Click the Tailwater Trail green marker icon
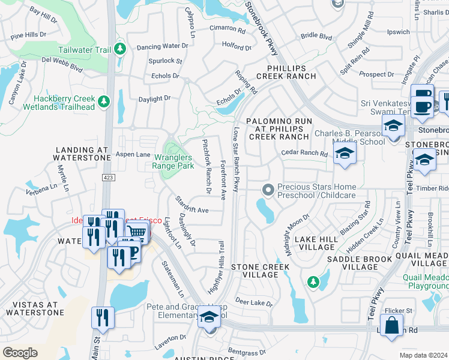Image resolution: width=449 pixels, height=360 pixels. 120,48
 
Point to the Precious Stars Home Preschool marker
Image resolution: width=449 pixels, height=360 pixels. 268,190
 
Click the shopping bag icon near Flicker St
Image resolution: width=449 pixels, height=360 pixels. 391,326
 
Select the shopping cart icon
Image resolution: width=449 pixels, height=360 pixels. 137,231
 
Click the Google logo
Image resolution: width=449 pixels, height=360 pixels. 20,353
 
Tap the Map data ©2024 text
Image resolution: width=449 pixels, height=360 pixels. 423,355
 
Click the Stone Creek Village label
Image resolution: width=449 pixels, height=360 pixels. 255,271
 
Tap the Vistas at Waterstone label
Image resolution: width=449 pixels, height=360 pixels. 32,308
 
